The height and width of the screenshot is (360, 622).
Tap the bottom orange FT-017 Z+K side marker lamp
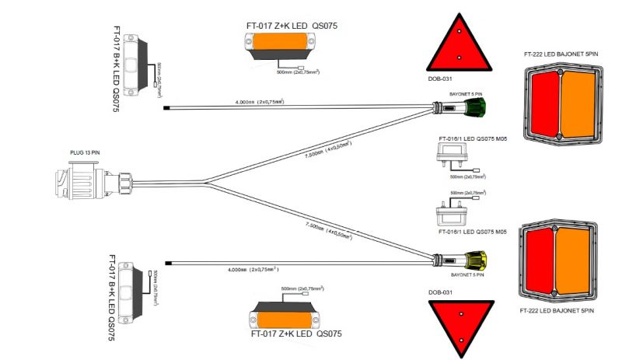[285, 319]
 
